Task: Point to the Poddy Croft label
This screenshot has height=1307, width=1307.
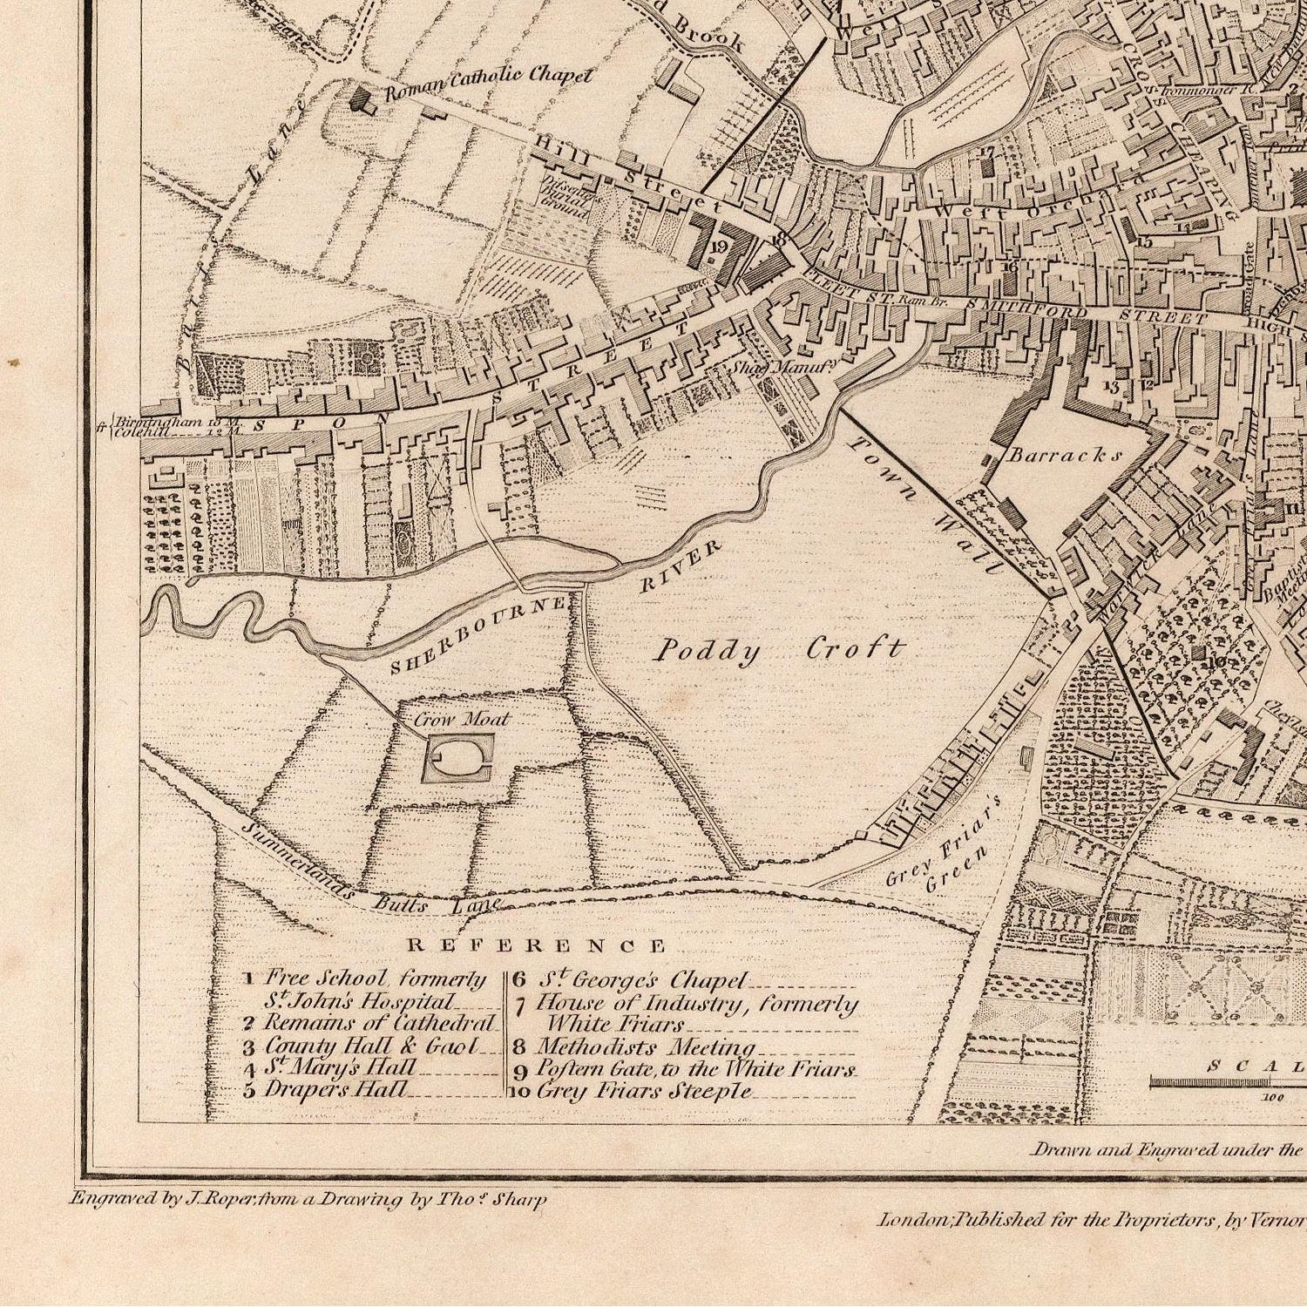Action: click(780, 650)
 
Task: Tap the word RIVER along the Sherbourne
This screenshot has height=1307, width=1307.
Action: click(681, 567)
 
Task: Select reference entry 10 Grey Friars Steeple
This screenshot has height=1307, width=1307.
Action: click(640, 1091)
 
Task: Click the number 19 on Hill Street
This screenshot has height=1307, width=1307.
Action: click(718, 247)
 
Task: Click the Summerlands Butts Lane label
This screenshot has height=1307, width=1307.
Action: click(366, 880)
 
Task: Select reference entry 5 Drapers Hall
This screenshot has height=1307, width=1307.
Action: click(335, 1089)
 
